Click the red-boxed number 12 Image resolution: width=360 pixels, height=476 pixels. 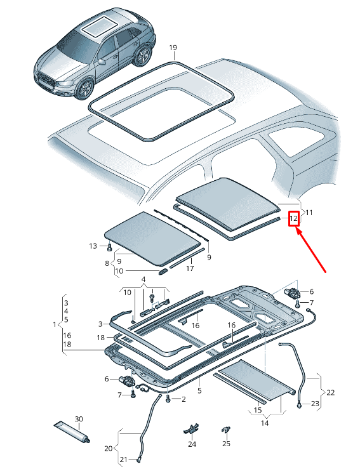pos(293,218)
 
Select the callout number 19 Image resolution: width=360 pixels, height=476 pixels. pos(173,48)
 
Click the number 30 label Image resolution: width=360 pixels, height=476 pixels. pos(79,419)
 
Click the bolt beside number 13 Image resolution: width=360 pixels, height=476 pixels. pos(110,246)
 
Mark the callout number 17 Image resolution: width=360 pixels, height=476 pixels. pos(190,268)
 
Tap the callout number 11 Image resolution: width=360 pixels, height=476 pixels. pos(309,213)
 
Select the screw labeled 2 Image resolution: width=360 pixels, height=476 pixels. pos(168,399)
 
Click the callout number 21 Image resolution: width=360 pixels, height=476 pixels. pos(124,459)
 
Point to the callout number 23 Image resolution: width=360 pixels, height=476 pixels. pos(315,404)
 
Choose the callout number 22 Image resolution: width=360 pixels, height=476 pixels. pos(331,393)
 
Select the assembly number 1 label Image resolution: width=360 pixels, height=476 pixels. pos(55,324)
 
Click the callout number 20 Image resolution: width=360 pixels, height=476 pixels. pos(108,449)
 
